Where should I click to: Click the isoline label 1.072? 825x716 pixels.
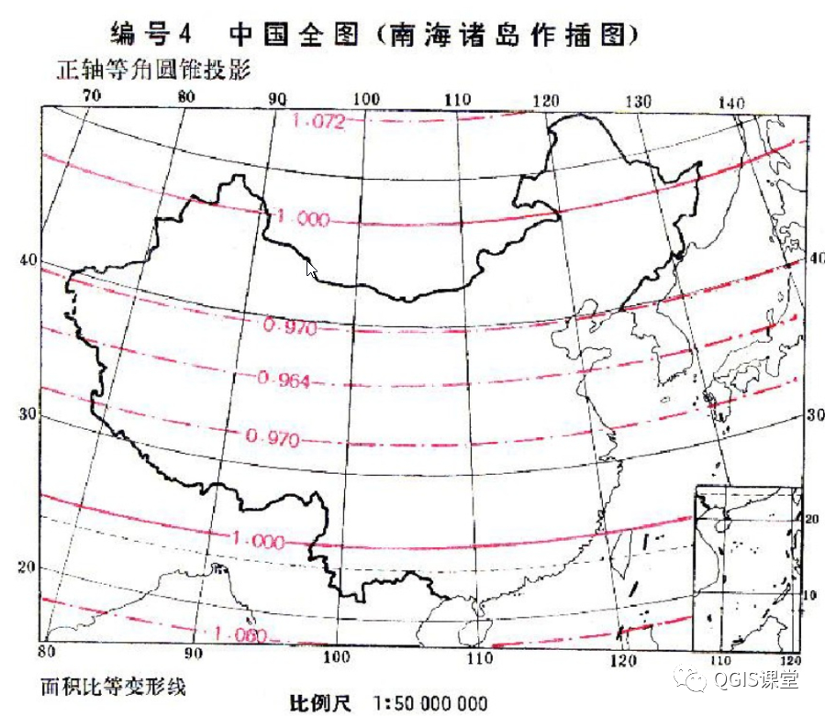318,121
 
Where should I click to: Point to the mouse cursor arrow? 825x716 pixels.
310,269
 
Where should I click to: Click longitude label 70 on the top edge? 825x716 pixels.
91,94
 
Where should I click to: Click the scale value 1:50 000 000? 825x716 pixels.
431,703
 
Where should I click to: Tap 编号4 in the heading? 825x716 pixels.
151,35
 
